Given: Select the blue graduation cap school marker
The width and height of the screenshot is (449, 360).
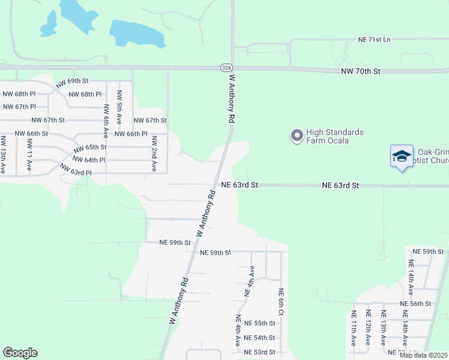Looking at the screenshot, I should [401, 157].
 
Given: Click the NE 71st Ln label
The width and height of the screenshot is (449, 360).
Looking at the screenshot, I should [374, 40].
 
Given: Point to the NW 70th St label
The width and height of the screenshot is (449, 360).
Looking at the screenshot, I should [360, 71].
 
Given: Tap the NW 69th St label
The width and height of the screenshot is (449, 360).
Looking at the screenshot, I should [73, 82].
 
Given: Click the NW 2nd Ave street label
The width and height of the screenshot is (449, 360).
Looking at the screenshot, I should [154, 154].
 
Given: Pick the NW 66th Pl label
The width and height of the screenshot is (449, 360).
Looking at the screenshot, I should [131, 134].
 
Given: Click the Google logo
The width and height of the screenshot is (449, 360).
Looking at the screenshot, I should [20, 353].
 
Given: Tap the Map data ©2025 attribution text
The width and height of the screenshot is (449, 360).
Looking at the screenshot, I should [423, 355].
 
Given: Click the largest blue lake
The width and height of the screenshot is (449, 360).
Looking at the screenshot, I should [137, 34].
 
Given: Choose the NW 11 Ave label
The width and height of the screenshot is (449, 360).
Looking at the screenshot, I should [29, 155].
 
